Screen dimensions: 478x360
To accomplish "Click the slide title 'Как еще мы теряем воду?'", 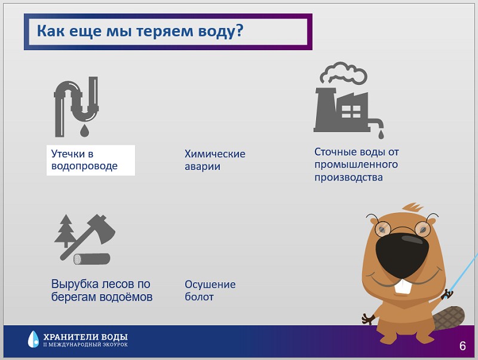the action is tap(140, 31).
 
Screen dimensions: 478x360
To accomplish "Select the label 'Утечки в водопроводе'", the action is tap(84, 160).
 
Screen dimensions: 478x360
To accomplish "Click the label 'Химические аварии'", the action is tap(215, 160).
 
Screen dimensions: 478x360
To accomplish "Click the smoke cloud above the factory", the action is tap(344, 72).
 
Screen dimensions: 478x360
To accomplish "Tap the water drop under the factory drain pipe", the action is tap(381, 134).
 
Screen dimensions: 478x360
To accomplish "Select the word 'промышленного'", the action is tap(356, 164).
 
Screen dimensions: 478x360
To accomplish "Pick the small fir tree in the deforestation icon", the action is tap(66, 230).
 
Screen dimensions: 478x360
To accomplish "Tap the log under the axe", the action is tap(92, 259).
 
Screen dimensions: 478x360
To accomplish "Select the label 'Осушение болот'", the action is tap(210, 291).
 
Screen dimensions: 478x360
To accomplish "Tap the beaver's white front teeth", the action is tap(403, 286).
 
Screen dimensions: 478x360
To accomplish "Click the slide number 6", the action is tap(462, 346).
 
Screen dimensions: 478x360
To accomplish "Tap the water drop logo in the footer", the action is tap(33, 339).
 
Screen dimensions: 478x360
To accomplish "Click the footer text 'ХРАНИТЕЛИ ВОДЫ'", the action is tap(85, 337).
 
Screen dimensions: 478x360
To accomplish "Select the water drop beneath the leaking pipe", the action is tap(84, 130).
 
